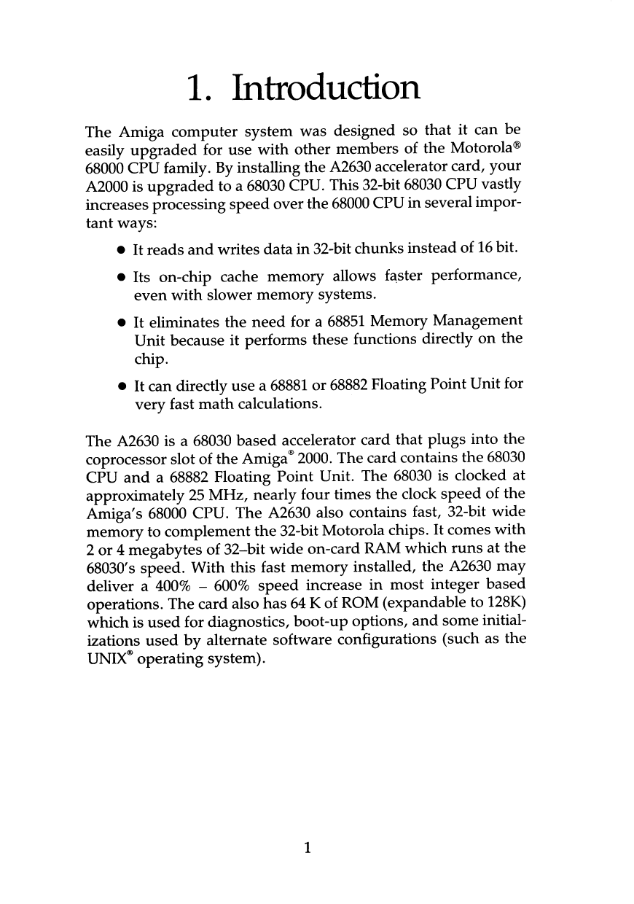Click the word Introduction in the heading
tap(326, 89)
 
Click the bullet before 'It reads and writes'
tap(119, 252)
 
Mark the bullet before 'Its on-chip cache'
tap(119, 278)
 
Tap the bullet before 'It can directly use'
tap(119, 385)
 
